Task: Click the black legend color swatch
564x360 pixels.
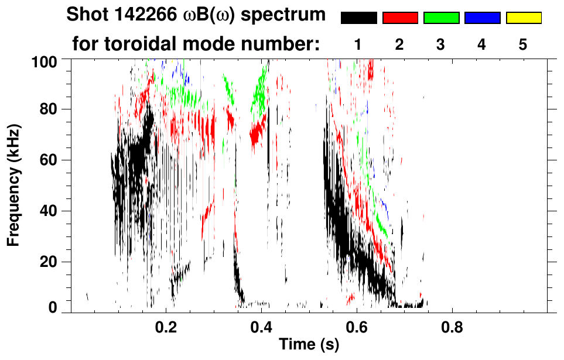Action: (358, 18)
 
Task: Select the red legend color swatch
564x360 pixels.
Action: (400, 18)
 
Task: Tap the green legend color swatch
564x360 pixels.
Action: (441, 18)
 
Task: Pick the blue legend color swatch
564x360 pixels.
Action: (482, 18)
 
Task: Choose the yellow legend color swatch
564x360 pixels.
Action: (524, 18)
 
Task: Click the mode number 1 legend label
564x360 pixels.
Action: (358, 44)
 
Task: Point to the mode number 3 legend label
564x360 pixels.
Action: (441, 44)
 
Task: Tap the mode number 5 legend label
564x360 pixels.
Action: (524, 44)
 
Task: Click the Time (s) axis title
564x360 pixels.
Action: (309, 345)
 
